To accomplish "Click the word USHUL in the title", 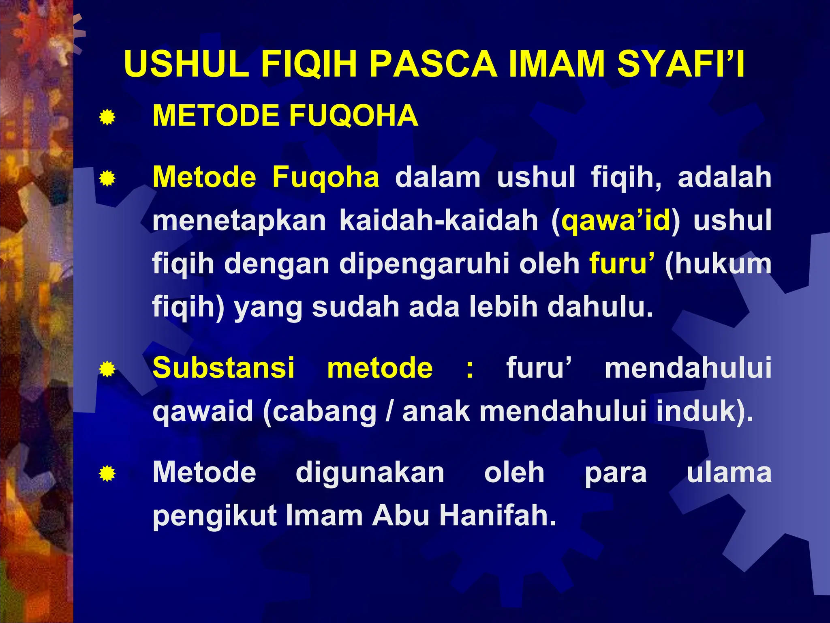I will [x=187, y=64].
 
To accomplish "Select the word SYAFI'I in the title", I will [x=681, y=64].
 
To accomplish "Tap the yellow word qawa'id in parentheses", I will [x=616, y=221].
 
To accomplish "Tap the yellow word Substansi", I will [x=223, y=368].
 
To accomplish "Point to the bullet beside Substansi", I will [x=107, y=370].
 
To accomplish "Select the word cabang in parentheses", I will [x=324, y=412].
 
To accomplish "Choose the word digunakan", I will [x=370, y=473].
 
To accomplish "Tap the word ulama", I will [x=729, y=473].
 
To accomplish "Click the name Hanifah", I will [x=498, y=516].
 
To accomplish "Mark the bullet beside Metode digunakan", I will [x=107, y=474].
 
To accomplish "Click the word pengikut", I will [x=215, y=516].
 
